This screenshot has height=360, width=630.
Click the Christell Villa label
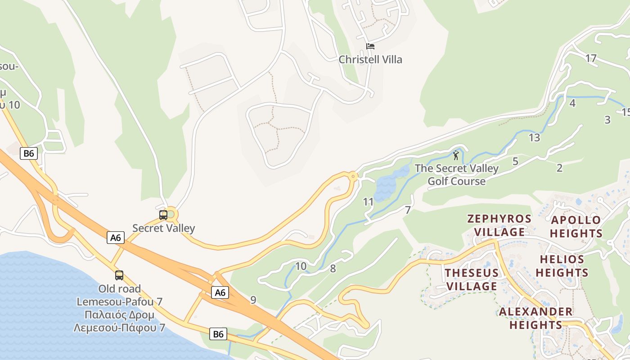click(370, 59)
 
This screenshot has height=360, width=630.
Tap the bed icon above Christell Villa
click(370, 46)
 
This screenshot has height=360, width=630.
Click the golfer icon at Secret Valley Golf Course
click(456, 156)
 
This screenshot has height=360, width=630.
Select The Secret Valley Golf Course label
click(456, 175)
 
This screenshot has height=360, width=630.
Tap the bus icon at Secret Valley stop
click(163, 215)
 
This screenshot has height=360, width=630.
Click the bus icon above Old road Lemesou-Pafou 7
click(119, 275)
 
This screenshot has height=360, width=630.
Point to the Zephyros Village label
click(499, 225)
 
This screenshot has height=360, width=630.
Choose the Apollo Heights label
click(576, 226)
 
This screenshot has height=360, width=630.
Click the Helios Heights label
click(562, 266)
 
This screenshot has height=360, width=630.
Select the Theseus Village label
click(472, 279)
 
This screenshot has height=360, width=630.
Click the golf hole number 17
click(591, 58)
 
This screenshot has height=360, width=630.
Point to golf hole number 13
click(534, 138)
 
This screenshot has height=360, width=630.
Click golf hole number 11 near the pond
click(368, 202)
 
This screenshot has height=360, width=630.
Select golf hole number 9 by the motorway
click(253, 300)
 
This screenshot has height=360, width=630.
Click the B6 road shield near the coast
click(218, 334)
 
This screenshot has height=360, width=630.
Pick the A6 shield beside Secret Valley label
click(116, 237)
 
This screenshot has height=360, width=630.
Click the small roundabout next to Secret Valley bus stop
click(171, 215)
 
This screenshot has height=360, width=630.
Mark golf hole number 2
click(559, 168)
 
